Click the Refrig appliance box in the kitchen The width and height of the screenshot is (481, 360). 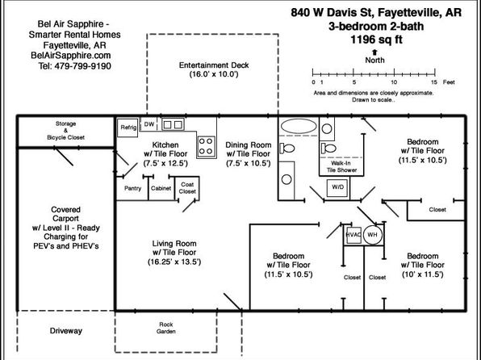click(x=128, y=128)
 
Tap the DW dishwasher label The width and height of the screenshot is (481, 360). click(x=149, y=124)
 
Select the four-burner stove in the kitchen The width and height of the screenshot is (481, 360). click(x=206, y=146)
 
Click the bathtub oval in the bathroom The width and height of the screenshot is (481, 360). click(x=299, y=127)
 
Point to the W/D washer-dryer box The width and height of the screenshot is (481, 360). click(x=337, y=187)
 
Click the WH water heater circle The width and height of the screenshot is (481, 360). click(x=372, y=235)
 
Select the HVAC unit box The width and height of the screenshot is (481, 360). click(x=353, y=235)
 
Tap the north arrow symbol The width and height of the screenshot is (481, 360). click(x=374, y=52)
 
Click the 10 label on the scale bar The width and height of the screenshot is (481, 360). click(x=394, y=82)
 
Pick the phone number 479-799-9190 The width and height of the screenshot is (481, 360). click(x=82, y=66)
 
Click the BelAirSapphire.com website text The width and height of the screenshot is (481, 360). click(x=70, y=56)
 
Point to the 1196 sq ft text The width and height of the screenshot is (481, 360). click(x=376, y=40)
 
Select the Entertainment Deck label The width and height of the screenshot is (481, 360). click(x=214, y=65)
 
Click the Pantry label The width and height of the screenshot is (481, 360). click(x=133, y=188)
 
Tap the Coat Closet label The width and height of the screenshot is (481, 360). click(x=187, y=188)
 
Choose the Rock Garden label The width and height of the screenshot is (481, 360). click(x=166, y=328)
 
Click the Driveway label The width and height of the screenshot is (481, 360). click(x=66, y=331)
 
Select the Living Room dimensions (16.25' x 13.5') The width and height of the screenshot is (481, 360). click(x=174, y=262)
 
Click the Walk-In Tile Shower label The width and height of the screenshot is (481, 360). click(x=341, y=166)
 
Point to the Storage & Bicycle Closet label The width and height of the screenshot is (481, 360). click(x=65, y=131)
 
